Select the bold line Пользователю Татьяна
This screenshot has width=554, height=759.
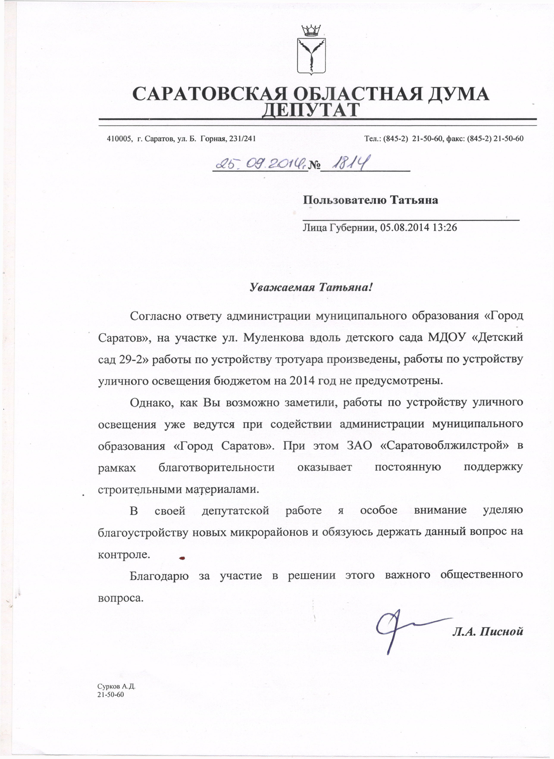(370, 200)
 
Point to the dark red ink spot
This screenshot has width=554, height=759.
(182, 558)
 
